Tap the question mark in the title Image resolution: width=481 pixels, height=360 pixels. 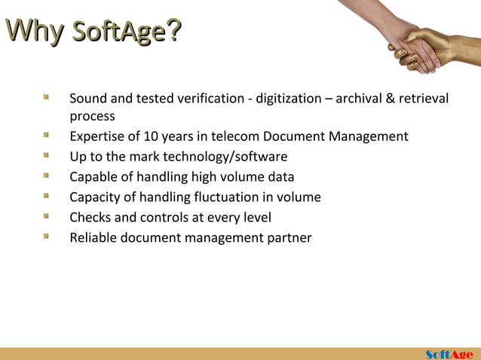173,31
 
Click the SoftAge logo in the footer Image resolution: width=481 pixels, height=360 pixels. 449,354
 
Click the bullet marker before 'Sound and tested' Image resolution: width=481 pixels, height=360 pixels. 47,98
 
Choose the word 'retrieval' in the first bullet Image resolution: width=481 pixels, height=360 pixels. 422,99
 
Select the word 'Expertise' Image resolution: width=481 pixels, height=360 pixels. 97,136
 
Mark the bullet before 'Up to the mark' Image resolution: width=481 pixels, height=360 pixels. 47,156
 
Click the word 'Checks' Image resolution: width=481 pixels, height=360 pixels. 90,218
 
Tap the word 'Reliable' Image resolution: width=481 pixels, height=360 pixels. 93,238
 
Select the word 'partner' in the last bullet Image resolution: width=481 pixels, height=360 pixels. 289,238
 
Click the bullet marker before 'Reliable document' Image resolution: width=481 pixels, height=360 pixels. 47,237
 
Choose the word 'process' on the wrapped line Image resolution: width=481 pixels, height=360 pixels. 92,117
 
